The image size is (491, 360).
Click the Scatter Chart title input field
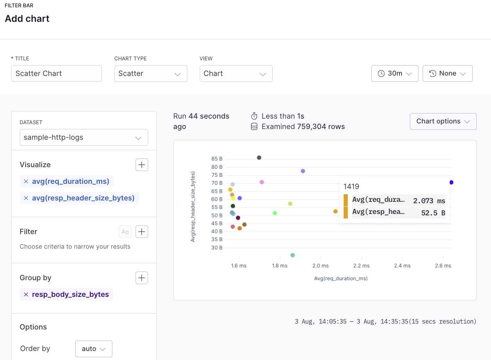56,74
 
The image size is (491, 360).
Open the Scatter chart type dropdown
150,74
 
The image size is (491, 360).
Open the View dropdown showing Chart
236,74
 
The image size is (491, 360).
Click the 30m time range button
395,74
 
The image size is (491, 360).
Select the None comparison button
447,74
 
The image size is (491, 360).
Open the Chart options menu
443,121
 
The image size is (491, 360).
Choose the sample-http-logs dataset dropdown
84,137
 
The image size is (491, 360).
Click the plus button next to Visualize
141,165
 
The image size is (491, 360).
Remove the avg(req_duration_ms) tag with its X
26,181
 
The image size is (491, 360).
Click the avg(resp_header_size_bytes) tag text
83,198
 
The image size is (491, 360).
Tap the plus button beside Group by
141,278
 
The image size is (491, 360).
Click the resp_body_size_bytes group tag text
70,294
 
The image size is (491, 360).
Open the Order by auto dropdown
94,349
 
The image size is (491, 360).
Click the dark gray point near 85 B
259,158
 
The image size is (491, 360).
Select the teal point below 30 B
293,255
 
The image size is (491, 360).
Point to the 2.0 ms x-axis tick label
320,266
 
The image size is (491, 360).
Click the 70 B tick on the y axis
217,183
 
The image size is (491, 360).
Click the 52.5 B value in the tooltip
433,213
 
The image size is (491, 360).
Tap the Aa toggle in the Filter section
125,232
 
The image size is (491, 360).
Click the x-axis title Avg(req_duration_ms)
341,278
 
